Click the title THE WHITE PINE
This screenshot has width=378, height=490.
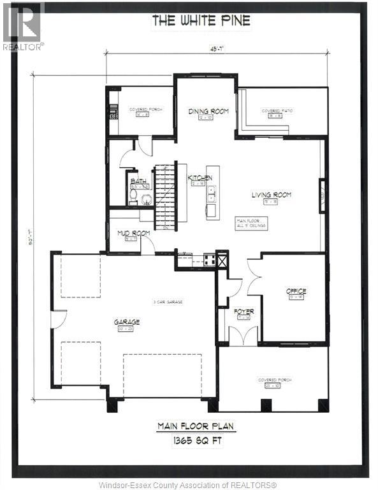pyautogui.click(x=201, y=20)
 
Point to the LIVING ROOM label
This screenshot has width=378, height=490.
pyautogui.click(x=271, y=195)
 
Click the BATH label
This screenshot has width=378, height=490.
pyautogui.click(x=138, y=182)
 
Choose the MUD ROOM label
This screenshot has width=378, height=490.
pyautogui.click(x=133, y=234)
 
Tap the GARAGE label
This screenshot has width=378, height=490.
pyautogui.click(x=127, y=322)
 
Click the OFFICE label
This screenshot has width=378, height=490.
pyautogui.click(x=296, y=290)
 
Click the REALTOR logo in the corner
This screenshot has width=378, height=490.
pyautogui.click(x=22, y=26)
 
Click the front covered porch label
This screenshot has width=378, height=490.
pyautogui.click(x=275, y=380)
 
